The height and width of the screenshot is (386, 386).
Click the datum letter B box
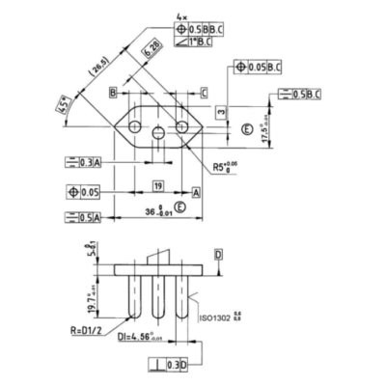click(113, 92)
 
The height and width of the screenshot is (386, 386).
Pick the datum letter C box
click(204, 92)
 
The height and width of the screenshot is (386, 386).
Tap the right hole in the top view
click(181, 126)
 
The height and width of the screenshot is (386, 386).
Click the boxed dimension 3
click(221, 113)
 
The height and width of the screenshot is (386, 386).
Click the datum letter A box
click(196, 193)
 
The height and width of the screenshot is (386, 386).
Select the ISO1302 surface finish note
click(221, 317)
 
